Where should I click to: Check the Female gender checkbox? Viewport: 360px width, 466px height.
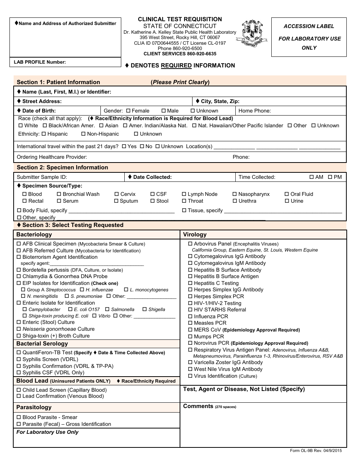[x=128, y=111]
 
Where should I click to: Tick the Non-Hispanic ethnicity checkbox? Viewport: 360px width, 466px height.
[x=83, y=134]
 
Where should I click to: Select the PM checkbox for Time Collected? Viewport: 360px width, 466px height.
[x=330, y=177]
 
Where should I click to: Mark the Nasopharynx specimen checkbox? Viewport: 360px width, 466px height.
[x=235, y=194]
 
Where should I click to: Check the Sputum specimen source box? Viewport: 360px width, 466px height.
[x=116, y=201]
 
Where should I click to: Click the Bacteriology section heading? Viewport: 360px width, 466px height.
[x=34, y=235]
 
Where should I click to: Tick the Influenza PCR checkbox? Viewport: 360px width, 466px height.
[x=191, y=316]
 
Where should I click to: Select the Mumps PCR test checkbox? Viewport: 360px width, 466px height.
[x=191, y=336]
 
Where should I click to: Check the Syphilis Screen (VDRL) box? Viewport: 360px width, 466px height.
[x=19, y=360]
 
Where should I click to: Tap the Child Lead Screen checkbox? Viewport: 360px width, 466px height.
[x=19, y=390]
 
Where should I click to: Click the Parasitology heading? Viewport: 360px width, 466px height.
[x=34, y=407]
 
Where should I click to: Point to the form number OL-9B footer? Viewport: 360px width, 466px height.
[x=318, y=450]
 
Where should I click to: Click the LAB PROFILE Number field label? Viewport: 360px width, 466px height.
[x=40, y=62]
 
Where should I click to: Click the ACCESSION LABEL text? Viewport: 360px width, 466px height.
[x=309, y=26]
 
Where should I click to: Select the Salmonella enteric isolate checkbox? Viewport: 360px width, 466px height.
[x=108, y=310]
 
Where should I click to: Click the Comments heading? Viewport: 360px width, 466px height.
[x=198, y=406]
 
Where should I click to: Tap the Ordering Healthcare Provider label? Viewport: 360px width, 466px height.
[x=52, y=157]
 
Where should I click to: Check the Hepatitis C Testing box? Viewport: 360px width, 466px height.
[x=191, y=283]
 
